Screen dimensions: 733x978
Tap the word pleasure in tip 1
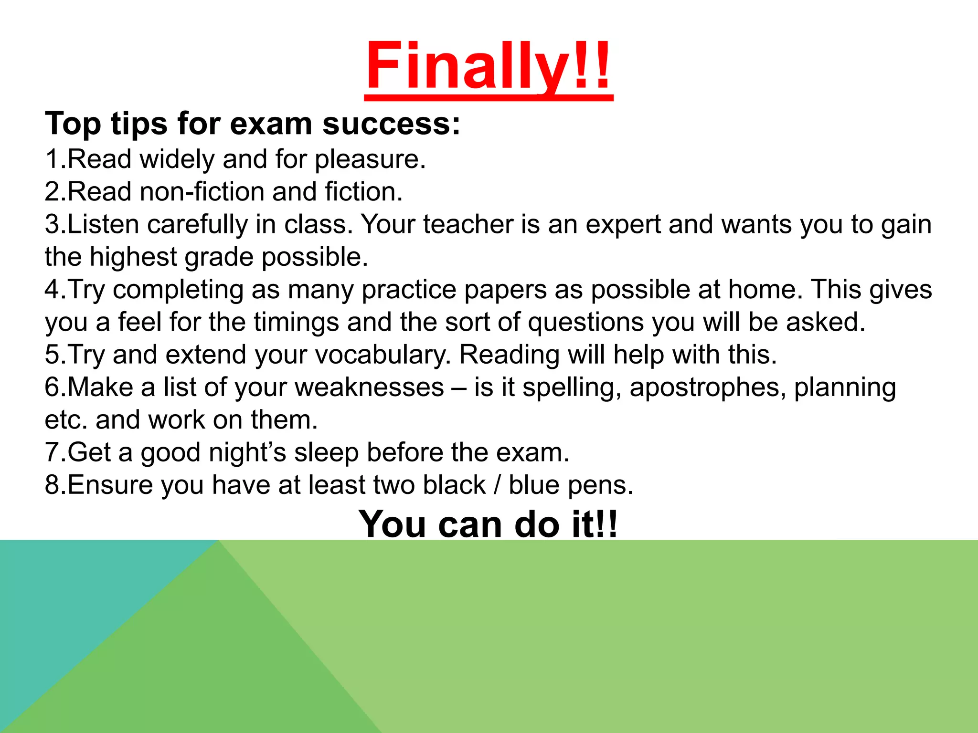click(370, 159)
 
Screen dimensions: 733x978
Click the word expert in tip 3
click(623, 225)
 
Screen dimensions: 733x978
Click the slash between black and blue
click(497, 485)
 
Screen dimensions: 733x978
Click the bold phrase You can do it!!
click(488, 524)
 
